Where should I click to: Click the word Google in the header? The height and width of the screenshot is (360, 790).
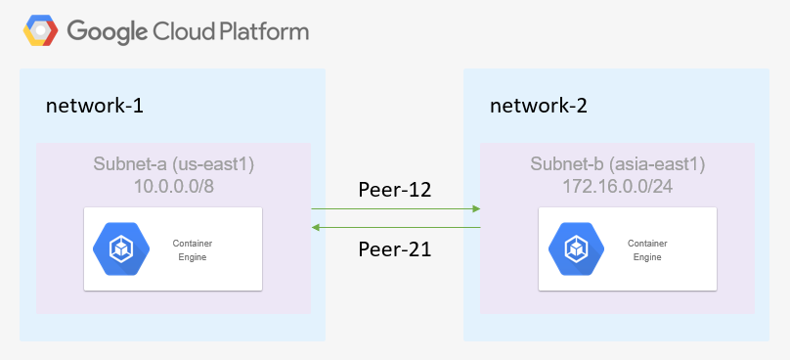coord(108,31)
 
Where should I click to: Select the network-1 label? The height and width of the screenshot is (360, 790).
coord(95,106)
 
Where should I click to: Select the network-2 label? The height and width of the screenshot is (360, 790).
coord(539,106)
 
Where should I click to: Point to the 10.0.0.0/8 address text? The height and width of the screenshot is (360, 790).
coord(172,185)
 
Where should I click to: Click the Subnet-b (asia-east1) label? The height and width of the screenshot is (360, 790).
coord(617,163)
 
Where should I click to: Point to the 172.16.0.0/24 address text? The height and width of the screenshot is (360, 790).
coord(617,185)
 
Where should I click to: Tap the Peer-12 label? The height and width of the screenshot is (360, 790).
coord(395,188)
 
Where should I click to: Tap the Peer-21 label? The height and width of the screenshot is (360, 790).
coord(395,249)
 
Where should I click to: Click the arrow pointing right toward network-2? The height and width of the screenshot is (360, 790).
coord(395,208)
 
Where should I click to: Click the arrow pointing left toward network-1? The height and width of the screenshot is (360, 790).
coord(395,227)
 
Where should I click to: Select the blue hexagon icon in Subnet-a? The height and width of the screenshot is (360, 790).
coord(120,249)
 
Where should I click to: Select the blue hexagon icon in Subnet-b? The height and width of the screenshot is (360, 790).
coord(575,249)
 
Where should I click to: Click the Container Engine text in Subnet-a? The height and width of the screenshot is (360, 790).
coord(192,249)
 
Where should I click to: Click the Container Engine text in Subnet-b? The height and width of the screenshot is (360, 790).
coord(646,249)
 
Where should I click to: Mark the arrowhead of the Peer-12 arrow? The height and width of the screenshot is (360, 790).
coord(476,208)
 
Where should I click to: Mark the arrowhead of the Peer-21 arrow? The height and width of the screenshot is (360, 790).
coord(316,227)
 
